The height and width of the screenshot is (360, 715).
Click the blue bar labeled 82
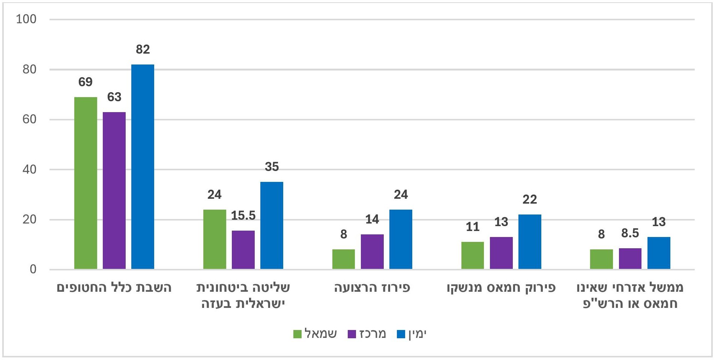[x=143, y=167]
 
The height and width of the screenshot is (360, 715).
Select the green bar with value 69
[x=86, y=183]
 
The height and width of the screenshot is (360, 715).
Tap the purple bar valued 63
[x=114, y=190]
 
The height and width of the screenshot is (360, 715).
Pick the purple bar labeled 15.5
[x=243, y=250]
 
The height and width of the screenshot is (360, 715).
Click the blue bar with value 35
[x=272, y=225]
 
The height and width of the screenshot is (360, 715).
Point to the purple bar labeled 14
[x=372, y=252]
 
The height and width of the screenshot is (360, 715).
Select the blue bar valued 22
[x=530, y=242]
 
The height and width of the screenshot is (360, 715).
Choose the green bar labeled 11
[x=473, y=255]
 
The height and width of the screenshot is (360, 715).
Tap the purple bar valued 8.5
[x=630, y=258]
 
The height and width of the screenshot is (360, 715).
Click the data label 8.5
[x=630, y=233]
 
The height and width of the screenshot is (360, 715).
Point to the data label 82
[x=143, y=49]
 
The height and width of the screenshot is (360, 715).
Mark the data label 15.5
[x=243, y=216]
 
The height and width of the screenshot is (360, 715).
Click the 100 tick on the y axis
[x=26, y=19]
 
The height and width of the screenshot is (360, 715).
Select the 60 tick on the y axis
[x=29, y=119]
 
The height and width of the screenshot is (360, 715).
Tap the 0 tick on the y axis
[x=33, y=269]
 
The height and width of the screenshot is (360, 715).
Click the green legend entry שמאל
[x=315, y=334]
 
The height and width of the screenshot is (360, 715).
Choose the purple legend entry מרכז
[x=367, y=334]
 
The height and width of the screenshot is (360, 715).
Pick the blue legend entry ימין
[x=412, y=334]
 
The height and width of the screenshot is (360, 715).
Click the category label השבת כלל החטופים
[x=114, y=288]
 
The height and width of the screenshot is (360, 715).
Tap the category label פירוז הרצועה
[x=372, y=288]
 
